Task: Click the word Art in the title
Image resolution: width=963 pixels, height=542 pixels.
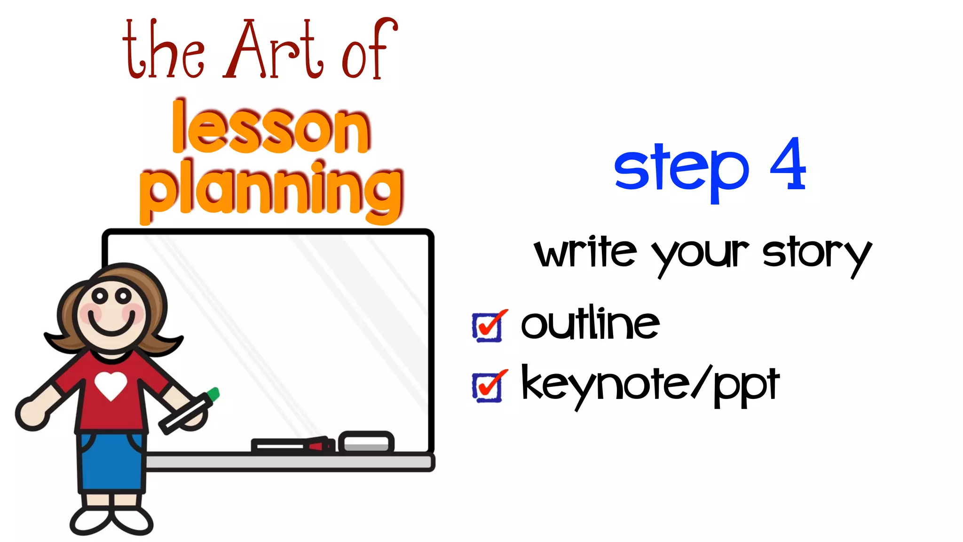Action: coord(274,51)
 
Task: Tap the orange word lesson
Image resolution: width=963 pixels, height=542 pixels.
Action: coord(271,128)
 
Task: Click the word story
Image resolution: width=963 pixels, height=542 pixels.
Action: coord(817,254)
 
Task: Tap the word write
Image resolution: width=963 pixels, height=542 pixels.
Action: coord(585,252)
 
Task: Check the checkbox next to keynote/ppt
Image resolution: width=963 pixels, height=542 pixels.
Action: coord(488,386)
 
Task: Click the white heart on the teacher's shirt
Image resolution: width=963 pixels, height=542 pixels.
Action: coord(111,385)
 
